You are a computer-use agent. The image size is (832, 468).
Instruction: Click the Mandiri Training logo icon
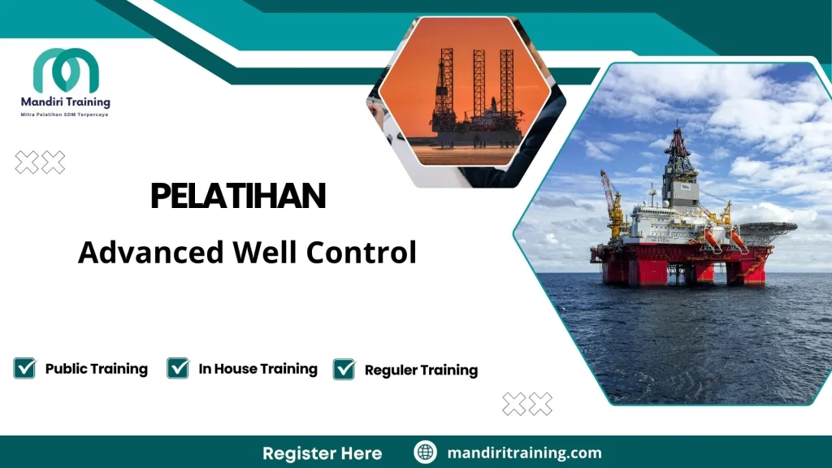tap(66, 71)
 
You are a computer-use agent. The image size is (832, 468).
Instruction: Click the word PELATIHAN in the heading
tap(238, 197)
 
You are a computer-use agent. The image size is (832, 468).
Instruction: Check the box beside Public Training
tap(25, 369)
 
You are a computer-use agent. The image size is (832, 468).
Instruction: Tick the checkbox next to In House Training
tap(178, 369)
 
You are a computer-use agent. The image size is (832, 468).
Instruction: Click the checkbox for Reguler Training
tap(344, 370)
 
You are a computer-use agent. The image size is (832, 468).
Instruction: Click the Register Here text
tap(322, 453)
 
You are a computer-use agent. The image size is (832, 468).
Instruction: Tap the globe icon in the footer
tap(425, 453)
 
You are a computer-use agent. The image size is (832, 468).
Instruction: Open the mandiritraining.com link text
tap(524, 453)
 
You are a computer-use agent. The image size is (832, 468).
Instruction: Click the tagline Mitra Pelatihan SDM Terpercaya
tap(66, 115)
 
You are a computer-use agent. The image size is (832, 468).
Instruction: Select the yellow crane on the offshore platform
tap(613, 203)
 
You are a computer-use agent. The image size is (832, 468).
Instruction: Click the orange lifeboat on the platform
tap(713, 237)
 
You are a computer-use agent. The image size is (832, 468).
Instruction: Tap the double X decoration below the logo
tap(40, 163)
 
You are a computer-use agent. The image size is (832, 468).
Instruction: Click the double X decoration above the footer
tap(527, 404)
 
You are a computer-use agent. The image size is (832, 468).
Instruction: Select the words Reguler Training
tap(421, 370)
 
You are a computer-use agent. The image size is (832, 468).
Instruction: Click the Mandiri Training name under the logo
tap(66, 103)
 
